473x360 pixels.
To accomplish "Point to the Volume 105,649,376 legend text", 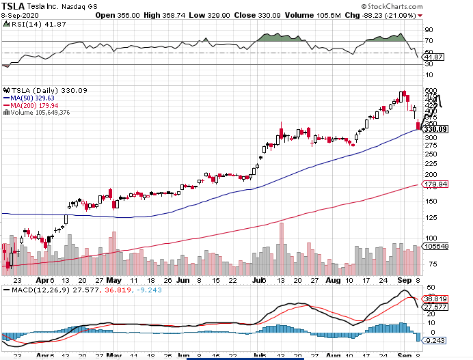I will (x=38, y=113).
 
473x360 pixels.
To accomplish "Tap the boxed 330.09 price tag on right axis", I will (x=435, y=128).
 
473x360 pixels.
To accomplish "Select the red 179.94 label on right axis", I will (x=435, y=184).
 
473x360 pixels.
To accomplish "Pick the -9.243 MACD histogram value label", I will (x=433, y=340).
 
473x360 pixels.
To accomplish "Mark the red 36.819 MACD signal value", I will (x=435, y=299).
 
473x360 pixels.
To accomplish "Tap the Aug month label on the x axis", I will (x=334, y=280).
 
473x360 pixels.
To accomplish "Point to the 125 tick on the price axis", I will (x=430, y=218).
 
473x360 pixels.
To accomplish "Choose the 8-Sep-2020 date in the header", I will (x=20, y=14).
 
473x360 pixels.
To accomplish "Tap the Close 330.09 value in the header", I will (x=231, y=14).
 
